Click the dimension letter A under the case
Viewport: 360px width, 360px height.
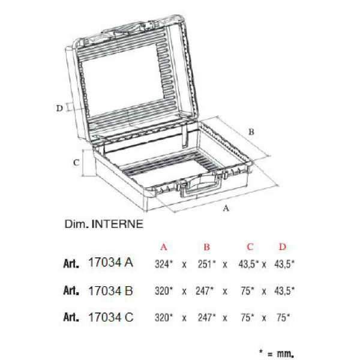click(x=226, y=208)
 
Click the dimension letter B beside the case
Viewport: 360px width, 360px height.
click(x=251, y=132)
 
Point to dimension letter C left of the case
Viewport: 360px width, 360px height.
click(x=76, y=163)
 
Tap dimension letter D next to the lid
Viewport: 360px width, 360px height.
click(x=59, y=108)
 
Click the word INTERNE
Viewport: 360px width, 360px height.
click(x=118, y=224)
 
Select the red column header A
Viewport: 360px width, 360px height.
click(x=163, y=247)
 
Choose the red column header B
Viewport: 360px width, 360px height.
click(x=206, y=247)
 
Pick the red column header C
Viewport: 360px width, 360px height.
click(x=250, y=247)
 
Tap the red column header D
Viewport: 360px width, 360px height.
click(x=283, y=247)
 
